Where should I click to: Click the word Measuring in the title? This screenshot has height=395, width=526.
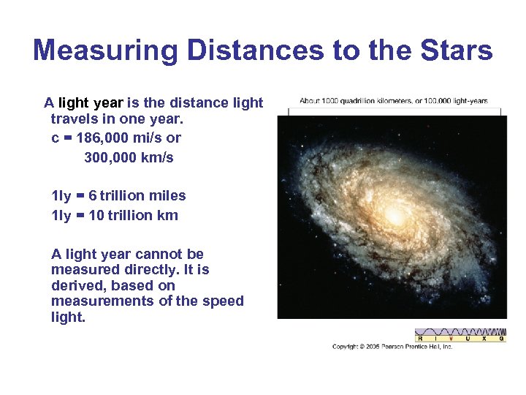pyautogui.click(x=105, y=51)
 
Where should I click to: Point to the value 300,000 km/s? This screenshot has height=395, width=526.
pyautogui.click(x=129, y=157)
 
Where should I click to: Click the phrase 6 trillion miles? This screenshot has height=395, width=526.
pyautogui.click(x=137, y=195)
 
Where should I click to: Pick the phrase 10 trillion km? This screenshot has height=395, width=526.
pyautogui.click(x=133, y=215)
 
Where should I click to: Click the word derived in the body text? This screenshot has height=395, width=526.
pyautogui.click(x=77, y=285)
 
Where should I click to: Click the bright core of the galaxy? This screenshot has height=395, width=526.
pyautogui.click(x=397, y=216)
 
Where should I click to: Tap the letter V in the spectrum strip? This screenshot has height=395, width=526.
pyautogui.click(x=451, y=339)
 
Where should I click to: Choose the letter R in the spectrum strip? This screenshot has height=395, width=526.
pyautogui.click(x=419, y=339)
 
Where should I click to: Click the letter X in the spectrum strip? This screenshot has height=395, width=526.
pyautogui.click(x=484, y=339)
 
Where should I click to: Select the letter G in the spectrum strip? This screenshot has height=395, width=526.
pyautogui.click(x=501, y=339)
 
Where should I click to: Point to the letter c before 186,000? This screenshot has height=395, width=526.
pyautogui.click(x=56, y=138)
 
